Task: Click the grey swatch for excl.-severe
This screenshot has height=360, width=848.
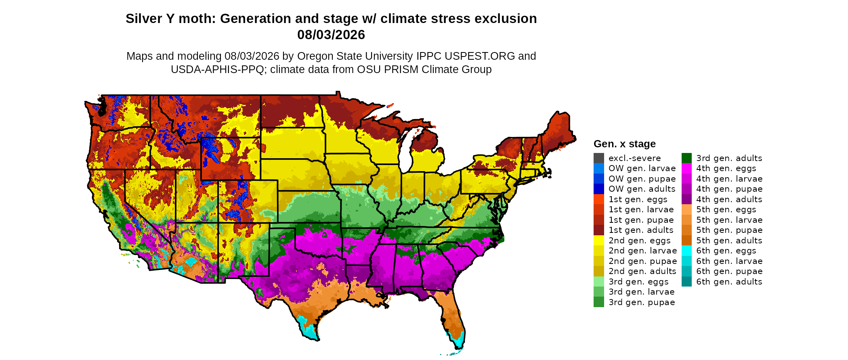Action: point(599,158)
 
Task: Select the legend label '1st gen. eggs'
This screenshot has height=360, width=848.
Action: point(638,199)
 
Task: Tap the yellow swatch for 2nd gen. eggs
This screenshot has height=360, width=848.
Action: point(599,241)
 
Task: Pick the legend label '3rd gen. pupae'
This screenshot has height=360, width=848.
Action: point(642,302)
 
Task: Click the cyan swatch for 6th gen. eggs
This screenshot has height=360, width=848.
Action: point(686,251)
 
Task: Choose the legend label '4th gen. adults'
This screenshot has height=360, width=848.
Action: point(729,199)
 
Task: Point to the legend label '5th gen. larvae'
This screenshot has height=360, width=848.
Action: point(729,220)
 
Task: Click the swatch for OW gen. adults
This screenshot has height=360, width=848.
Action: point(599,189)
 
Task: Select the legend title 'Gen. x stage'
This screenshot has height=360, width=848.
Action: point(625,144)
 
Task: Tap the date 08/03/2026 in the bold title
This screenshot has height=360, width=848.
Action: point(331,35)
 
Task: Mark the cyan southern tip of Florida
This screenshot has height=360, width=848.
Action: point(459,343)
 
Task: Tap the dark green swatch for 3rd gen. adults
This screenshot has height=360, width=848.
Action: point(686,158)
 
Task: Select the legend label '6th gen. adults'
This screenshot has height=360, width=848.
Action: point(729,282)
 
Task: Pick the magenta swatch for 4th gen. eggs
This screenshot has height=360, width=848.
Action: point(686,168)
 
